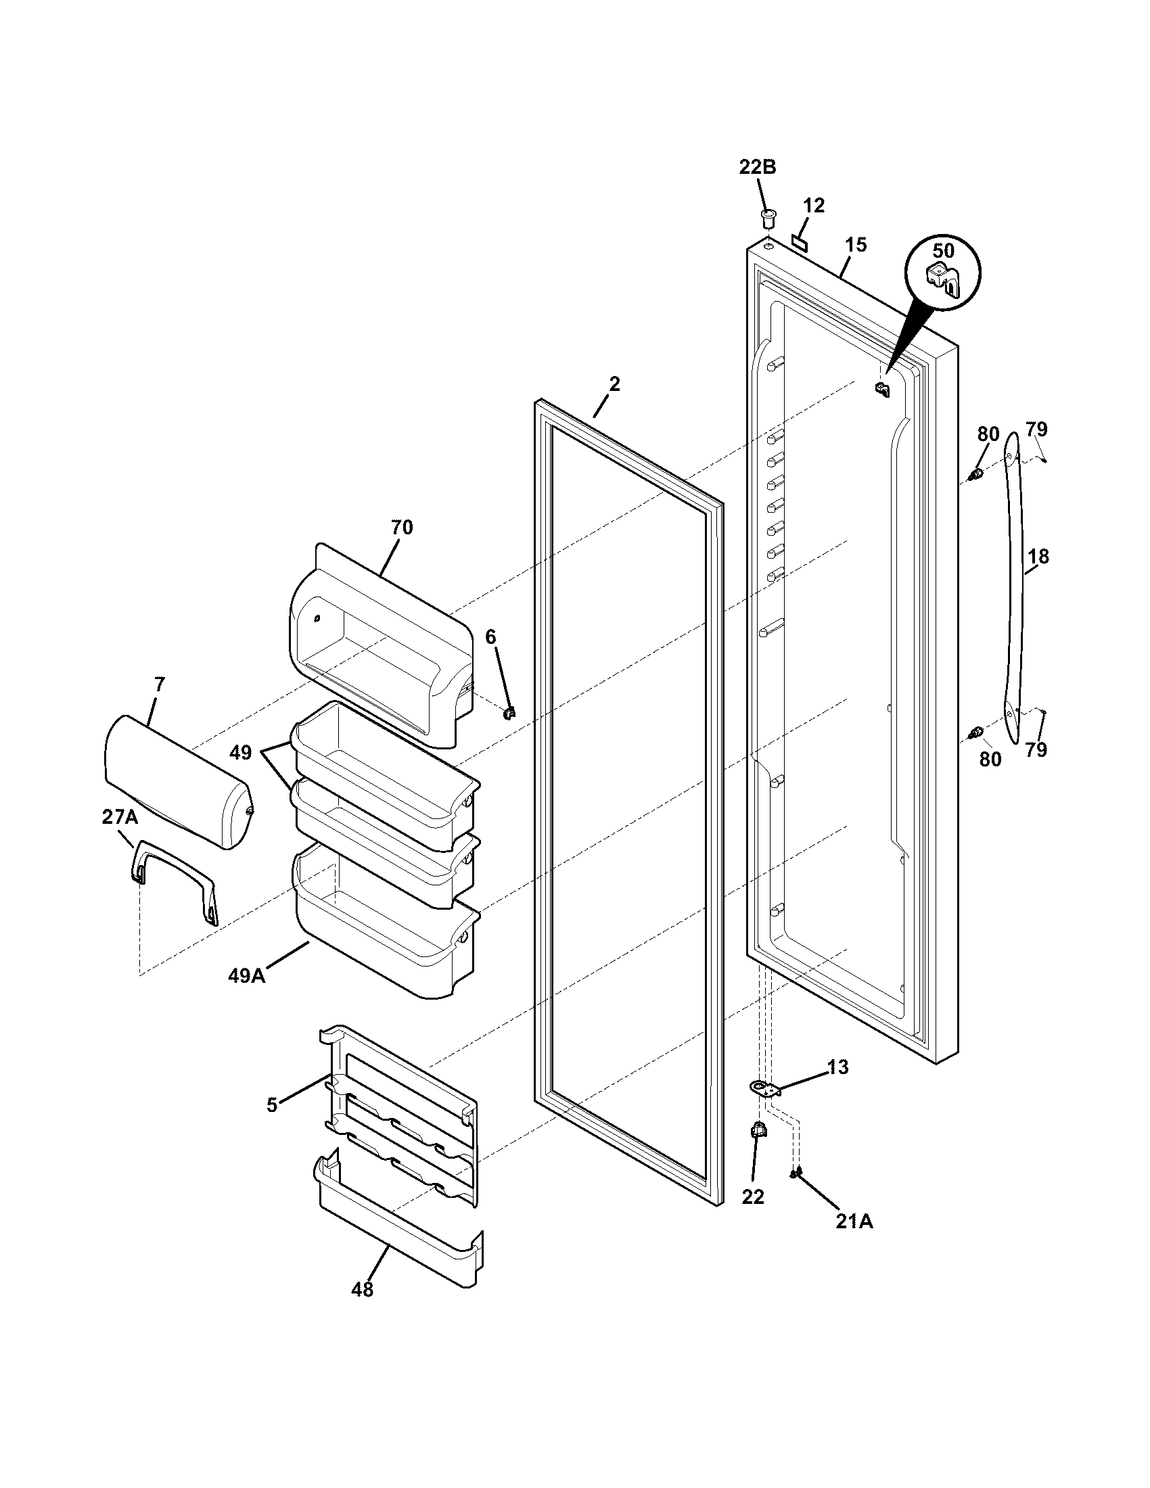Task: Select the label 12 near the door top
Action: point(813,205)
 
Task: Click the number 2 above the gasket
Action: point(614,384)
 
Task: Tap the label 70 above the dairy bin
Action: point(402,527)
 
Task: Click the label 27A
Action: point(119,817)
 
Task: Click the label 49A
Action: point(247,975)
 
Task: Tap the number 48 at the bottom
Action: point(363,1289)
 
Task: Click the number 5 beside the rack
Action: point(272,1105)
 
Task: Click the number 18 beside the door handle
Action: point(1038,557)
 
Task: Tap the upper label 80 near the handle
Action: point(988,434)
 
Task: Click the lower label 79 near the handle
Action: point(1036,750)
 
